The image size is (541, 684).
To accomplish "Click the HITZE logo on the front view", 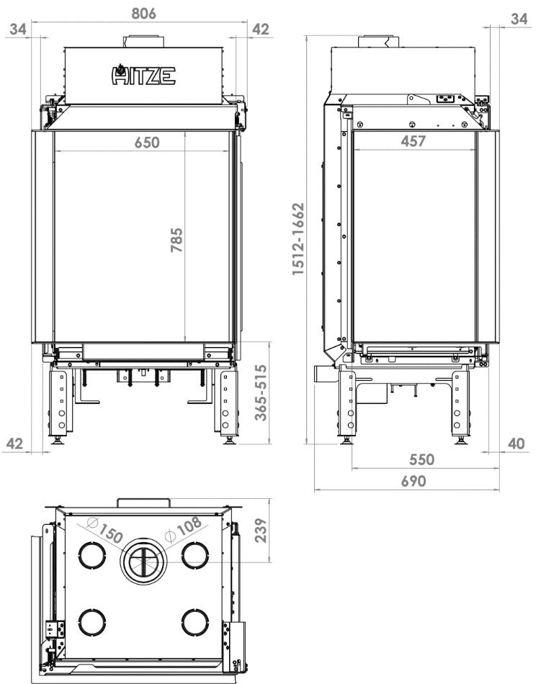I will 143,75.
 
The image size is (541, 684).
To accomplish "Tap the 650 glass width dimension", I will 147,142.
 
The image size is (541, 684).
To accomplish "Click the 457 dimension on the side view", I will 413,140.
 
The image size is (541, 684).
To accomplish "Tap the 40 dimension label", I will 517,444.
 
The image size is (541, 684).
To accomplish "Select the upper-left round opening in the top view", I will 92,555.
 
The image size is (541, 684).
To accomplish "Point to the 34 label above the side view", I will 518,19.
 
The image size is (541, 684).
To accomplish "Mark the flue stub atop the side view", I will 378,41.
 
